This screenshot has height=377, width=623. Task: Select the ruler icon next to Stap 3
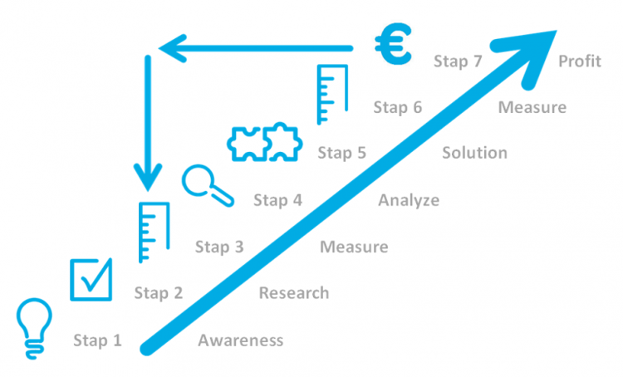click(x=155, y=227)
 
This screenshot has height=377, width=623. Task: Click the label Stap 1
click(x=97, y=340)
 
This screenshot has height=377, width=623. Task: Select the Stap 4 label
click(x=277, y=200)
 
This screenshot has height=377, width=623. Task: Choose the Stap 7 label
click(x=459, y=61)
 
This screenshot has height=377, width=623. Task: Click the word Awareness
click(x=241, y=340)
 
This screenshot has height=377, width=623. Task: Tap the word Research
click(x=294, y=293)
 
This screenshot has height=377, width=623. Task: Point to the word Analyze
click(x=409, y=200)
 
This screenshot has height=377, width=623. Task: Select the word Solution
click(x=474, y=153)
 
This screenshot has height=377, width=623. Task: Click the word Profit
click(x=580, y=61)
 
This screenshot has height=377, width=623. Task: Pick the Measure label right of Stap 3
click(x=354, y=247)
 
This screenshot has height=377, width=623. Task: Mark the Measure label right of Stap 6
click(x=532, y=107)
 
